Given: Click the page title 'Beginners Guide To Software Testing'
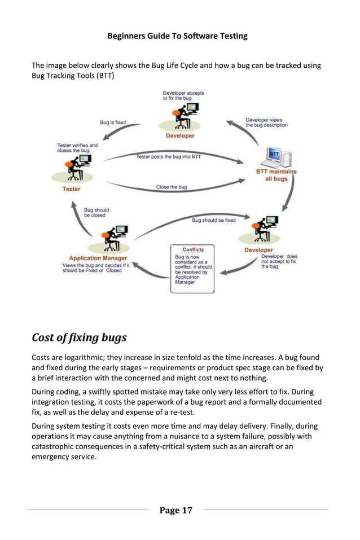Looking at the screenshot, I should pyautogui.click(x=177, y=36).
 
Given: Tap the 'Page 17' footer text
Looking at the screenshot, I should pyautogui.click(x=175, y=510).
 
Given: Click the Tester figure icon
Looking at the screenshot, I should pyautogui.click(x=74, y=167).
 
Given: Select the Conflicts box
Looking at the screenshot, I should pyautogui.click(x=192, y=269).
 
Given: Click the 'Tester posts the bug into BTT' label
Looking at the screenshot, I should pyautogui.click(x=168, y=157).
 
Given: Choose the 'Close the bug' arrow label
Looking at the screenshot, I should pyautogui.click(x=171, y=187).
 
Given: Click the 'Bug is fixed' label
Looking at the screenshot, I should pyautogui.click(x=113, y=122).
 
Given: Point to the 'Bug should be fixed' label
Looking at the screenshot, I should pyautogui.click(x=214, y=220).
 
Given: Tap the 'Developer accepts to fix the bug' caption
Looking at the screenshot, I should pyautogui.click(x=183, y=95).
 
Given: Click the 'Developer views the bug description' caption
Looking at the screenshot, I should pyautogui.click(x=266, y=122).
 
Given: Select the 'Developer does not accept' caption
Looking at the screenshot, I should pyautogui.click(x=279, y=261).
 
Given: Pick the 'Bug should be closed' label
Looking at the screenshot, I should pyautogui.click(x=96, y=212).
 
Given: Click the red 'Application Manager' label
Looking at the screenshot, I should pyautogui.click(x=98, y=258).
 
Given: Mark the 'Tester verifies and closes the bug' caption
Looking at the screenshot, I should pyautogui.click(x=77, y=148).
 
